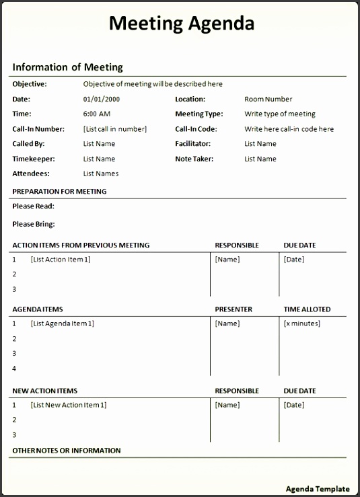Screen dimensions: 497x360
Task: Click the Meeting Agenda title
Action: click(181, 24)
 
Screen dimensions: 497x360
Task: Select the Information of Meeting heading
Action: click(67, 67)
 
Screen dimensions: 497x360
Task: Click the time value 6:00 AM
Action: click(97, 114)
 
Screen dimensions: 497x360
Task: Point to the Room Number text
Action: click(268, 99)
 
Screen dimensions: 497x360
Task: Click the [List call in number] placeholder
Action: click(114, 128)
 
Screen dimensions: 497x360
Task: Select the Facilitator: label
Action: click(192, 143)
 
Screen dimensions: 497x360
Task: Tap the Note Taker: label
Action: click(194, 159)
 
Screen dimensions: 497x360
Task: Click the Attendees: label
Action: click(31, 174)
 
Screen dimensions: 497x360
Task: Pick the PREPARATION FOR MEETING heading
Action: click(59, 191)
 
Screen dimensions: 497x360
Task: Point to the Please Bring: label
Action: click(34, 224)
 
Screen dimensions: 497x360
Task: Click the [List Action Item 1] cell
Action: click(60, 259)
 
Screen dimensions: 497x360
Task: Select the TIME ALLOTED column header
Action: click(307, 309)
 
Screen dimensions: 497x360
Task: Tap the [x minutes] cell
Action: click(301, 323)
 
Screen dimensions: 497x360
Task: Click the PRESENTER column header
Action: click(233, 309)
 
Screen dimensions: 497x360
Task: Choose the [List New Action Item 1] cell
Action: click(68, 405)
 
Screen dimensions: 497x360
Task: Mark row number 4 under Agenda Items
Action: click(14, 369)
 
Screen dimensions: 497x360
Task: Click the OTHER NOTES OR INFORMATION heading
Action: click(67, 451)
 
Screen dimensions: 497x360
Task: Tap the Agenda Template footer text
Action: click(318, 489)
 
